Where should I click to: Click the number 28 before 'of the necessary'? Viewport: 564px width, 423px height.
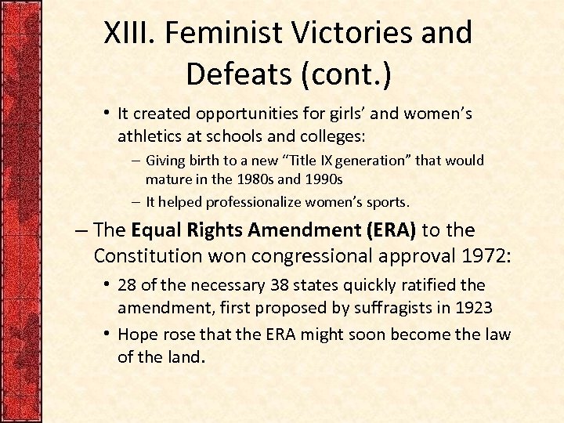127,285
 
